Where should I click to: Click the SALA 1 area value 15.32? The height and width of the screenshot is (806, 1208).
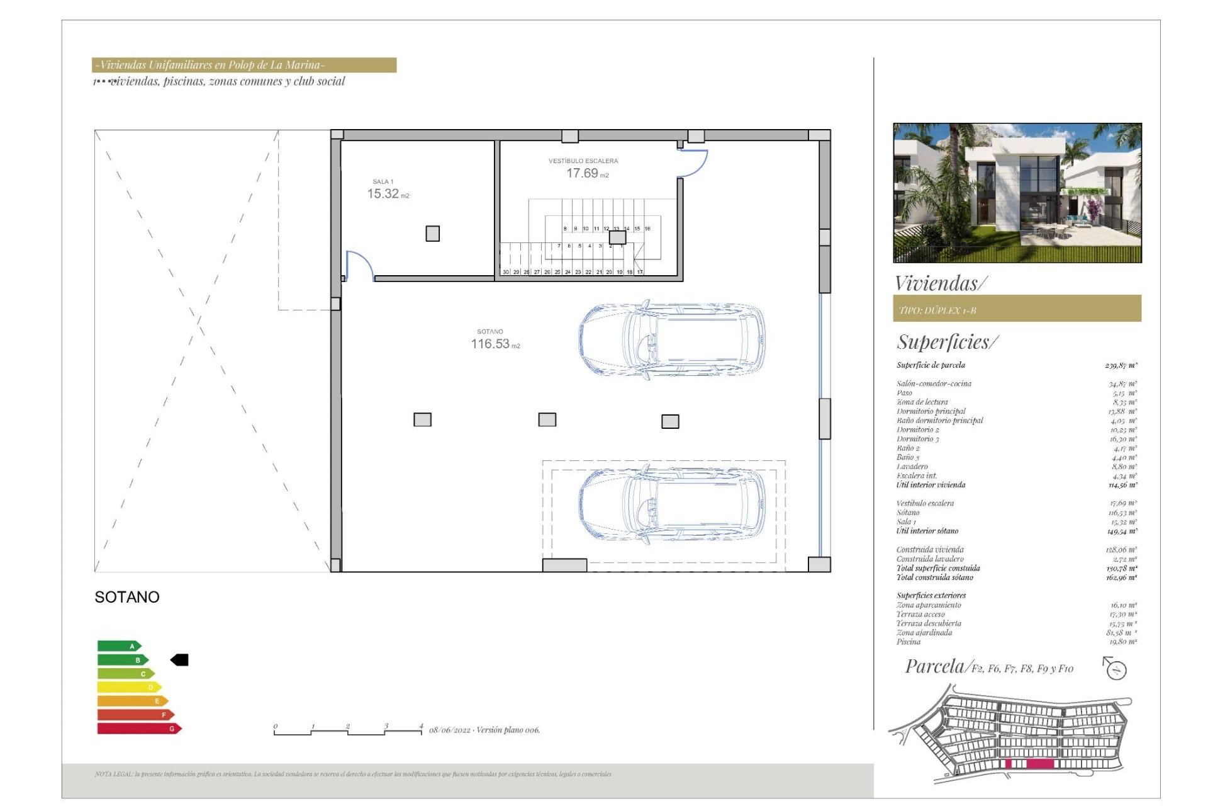pos(383,194)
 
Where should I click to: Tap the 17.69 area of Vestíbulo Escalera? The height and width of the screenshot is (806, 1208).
pos(582,173)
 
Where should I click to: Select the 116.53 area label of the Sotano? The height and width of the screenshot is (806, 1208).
pos(490,344)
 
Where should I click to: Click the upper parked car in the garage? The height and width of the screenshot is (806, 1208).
pos(672,340)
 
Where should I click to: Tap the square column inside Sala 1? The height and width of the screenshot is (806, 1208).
pos(432,234)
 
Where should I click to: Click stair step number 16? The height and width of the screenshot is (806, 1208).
pos(647,229)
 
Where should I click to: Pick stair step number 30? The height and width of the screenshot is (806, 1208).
pos(506,272)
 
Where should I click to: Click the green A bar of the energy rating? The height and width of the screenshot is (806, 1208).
pos(118,646)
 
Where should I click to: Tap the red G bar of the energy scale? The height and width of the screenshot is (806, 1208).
pos(138,729)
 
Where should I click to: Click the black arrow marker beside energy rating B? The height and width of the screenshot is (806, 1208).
pos(180,660)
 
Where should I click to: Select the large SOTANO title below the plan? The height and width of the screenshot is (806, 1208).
pos(127,597)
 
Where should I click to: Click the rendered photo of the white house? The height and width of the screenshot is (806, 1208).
pos(1017,193)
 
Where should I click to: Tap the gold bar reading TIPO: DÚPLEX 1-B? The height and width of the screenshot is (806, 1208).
pos(1017,309)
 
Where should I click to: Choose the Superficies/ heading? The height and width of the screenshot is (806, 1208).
pos(946,342)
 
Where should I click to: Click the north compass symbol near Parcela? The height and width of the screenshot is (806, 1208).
pos(1116,669)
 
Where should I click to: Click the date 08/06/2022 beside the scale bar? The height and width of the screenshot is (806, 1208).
pos(450,730)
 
